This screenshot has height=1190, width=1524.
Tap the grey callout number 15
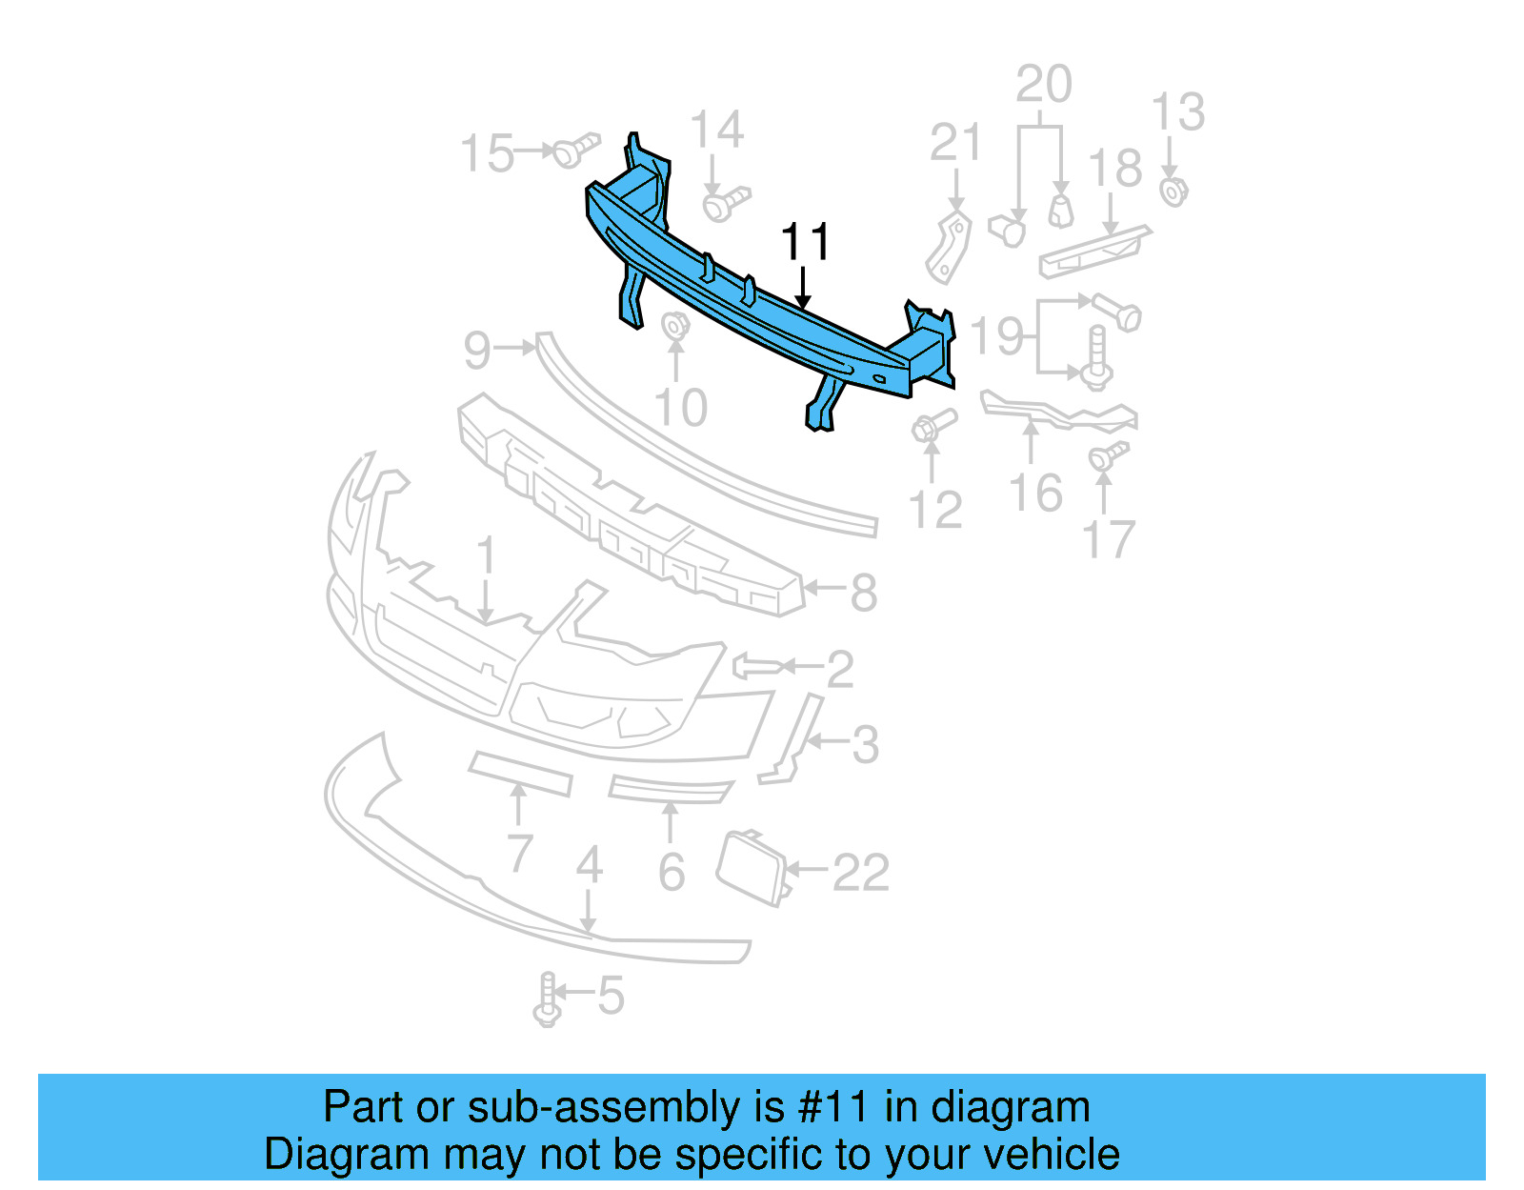pyautogui.click(x=487, y=153)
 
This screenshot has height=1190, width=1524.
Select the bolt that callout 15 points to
pyautogui.click(x=575, y=150)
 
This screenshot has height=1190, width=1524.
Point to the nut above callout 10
pyautogui.click(x=675, y=326)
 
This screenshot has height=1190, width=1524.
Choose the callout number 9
pyautogui.click(x=477, y=351)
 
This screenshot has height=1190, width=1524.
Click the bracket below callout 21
pyautogui.click(x=949, y=247)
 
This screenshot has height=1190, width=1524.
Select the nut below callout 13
pyautogui.click(x=1173, y=192)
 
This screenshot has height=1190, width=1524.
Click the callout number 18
pyautogui.click(x=1114, y=169)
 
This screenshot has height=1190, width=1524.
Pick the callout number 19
pyautogui.click(x=997, y=336)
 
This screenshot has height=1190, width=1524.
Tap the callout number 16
pyautogui.click(x=1035, y=494)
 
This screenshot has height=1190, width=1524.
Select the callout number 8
pyautogui.click(x=863, y=593)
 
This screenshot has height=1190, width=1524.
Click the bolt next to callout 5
pyautogui.click(x=547, y=998)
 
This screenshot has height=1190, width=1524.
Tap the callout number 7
pyautogui.click(x=519, y=852)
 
